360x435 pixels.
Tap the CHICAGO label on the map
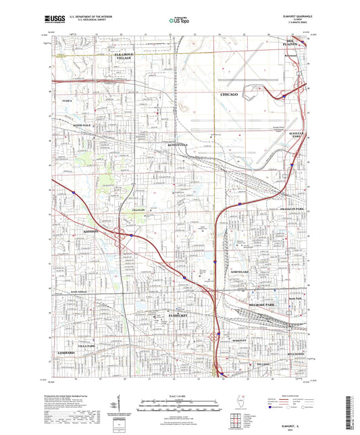tap(230, 95)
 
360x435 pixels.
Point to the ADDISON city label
tap(91, 230)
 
